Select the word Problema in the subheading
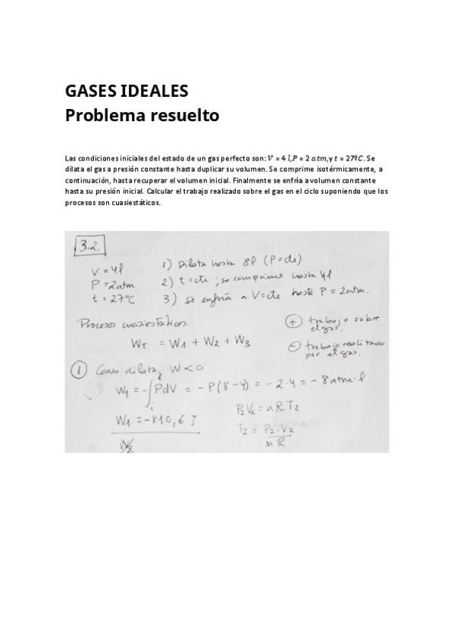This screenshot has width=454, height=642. click(104, 116)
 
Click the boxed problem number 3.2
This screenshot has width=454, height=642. click(90, 246)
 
